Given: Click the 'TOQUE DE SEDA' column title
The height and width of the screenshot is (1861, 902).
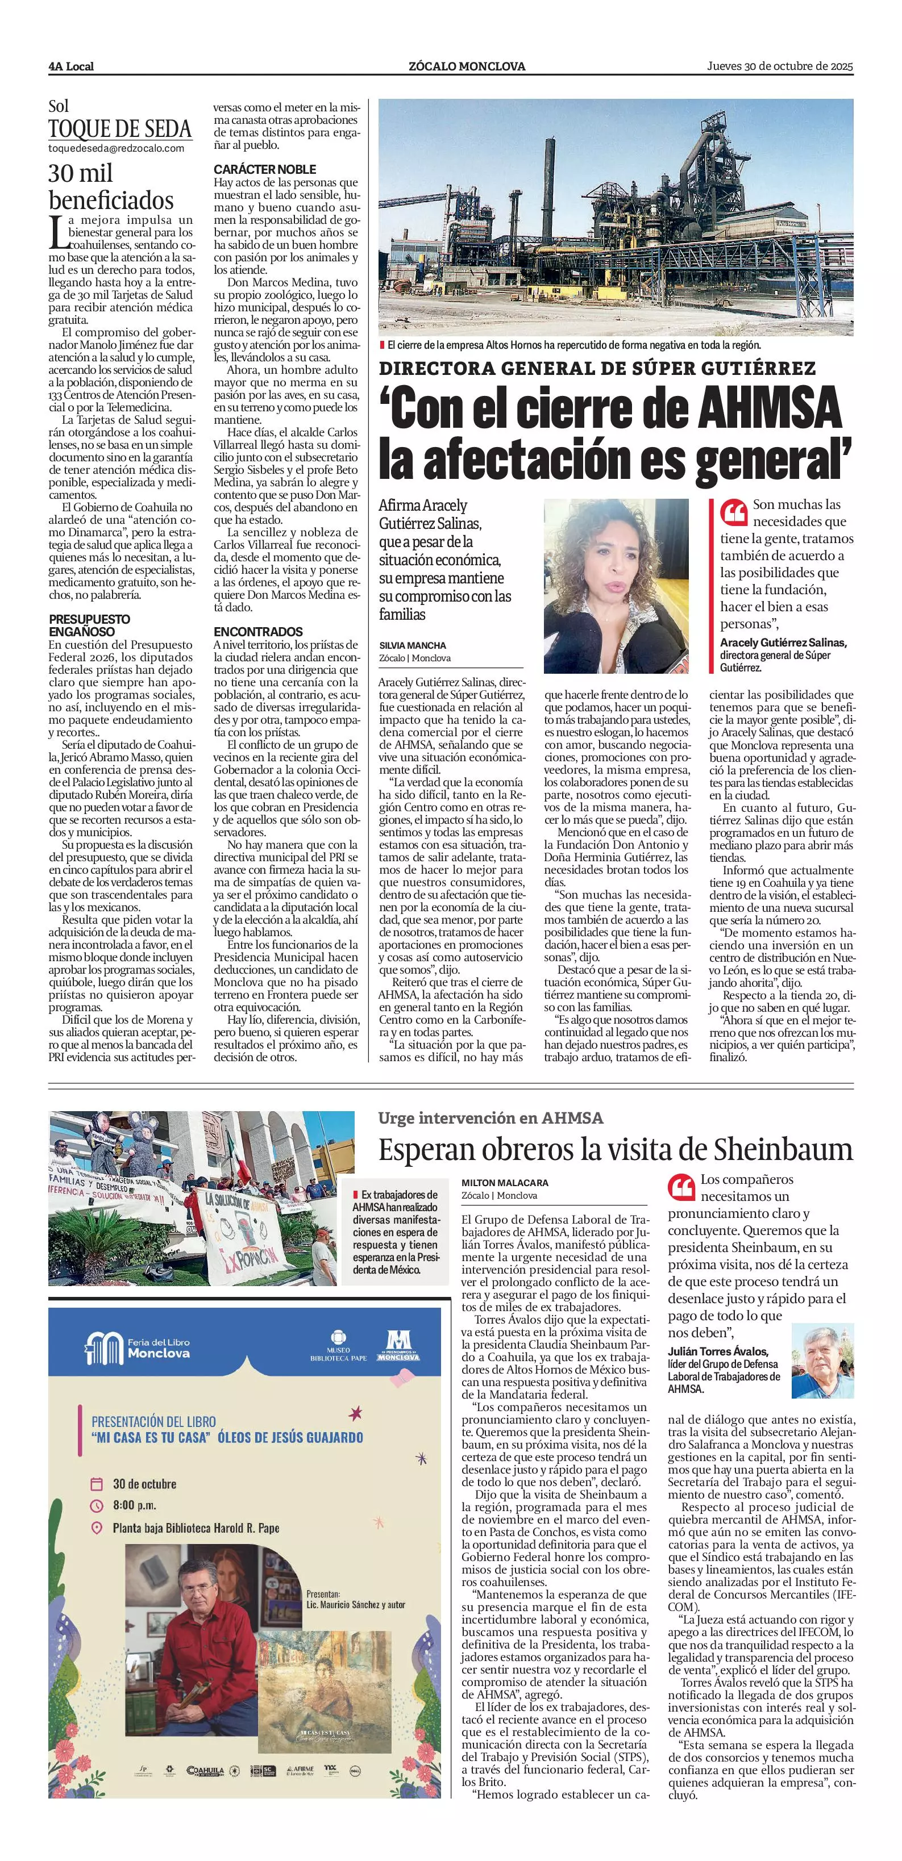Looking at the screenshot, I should tap(120, 130).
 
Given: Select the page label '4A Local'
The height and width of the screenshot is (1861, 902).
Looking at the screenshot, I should tap(71, 66).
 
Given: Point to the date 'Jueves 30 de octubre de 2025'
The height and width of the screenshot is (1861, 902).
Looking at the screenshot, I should tap(780, 66).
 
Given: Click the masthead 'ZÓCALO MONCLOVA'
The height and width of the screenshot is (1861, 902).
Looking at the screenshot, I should tap(466, 66).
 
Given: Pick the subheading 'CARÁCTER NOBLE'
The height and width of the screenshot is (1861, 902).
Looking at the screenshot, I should tap(264, 169).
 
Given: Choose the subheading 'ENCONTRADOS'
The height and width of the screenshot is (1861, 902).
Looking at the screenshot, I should tap(258, 632).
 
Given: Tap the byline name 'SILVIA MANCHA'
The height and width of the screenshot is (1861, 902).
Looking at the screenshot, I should tap(413, 645).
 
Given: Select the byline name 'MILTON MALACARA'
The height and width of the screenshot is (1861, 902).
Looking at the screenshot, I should tap(505, 1183).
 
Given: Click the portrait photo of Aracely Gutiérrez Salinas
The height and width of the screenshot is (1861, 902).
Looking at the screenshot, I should tap(616, 586).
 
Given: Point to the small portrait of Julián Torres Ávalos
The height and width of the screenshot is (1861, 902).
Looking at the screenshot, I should tap(822, 1361).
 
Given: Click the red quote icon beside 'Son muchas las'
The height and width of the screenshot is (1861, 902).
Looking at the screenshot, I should tap(734, 514).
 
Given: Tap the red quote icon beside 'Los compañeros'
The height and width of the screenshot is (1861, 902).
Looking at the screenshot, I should tap(681, 1187).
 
